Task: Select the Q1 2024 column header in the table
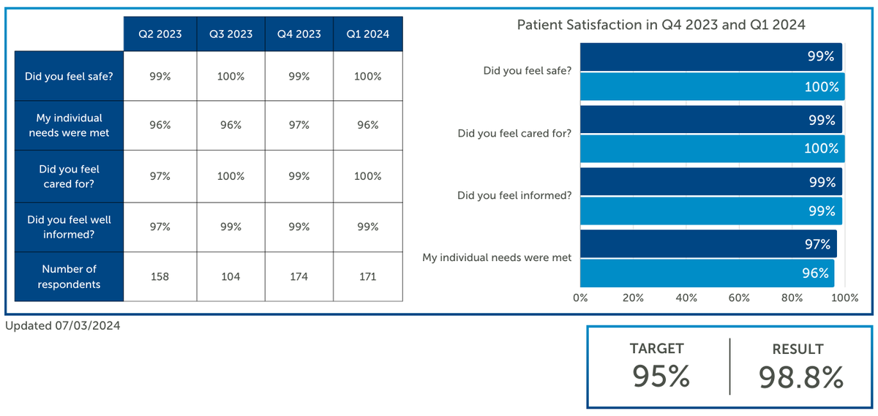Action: coord(368,34)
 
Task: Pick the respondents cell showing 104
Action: coord(230,276)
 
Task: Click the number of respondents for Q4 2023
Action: coord(298,276)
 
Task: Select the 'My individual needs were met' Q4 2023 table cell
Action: coord(298,125)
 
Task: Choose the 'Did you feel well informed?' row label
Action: coord(69,227)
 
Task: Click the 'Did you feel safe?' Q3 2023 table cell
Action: coord(230,76)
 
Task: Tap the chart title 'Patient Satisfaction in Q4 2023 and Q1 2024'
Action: coord(661,25)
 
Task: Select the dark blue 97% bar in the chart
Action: coord(708,243)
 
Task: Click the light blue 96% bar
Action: coord(707,273)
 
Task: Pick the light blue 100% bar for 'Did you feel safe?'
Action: coord(712,87)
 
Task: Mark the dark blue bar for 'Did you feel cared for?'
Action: coord(710,120)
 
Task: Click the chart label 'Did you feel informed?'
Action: coord(514,195)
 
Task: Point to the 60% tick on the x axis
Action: coord(739,298)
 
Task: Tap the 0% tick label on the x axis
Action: coord(580,298)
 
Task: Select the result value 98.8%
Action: coord(800,377)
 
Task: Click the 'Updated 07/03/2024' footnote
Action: coord(63,326)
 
